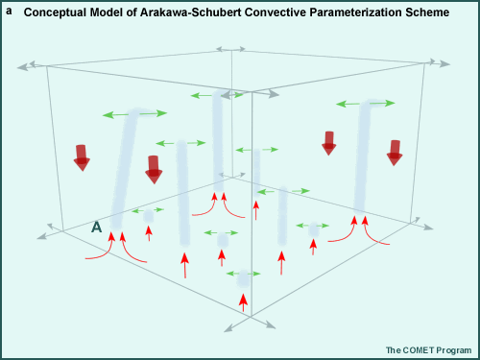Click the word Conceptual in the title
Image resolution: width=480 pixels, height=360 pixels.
pyautogui.click(x=57, y=13)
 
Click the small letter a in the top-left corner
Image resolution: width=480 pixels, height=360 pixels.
pyautogui.click(x=9, y=12)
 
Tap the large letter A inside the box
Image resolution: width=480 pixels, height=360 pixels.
pyautogui.click(x=96, y=228)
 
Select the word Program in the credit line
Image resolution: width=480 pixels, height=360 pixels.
pyautogui.click(x=455, y=350)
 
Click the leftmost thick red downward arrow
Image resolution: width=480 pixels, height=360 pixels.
pyautogui.click(x=82, y=156)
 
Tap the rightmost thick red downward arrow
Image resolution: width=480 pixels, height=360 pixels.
pyautogui.click(x=394, y=152)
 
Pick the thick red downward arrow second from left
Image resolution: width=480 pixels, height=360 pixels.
pyautogui.click(x=154, y=169)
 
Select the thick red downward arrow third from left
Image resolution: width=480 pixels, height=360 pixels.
pyautogui.click(x=329, y=142)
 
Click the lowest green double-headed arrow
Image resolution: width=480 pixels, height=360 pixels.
pyautogui.click(x=243, y=274)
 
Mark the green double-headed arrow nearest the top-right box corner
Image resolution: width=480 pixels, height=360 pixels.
pyautogui.click(x=365, y=102)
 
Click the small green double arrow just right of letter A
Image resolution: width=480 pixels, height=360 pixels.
pyautogui.click(x=148, y=209)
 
